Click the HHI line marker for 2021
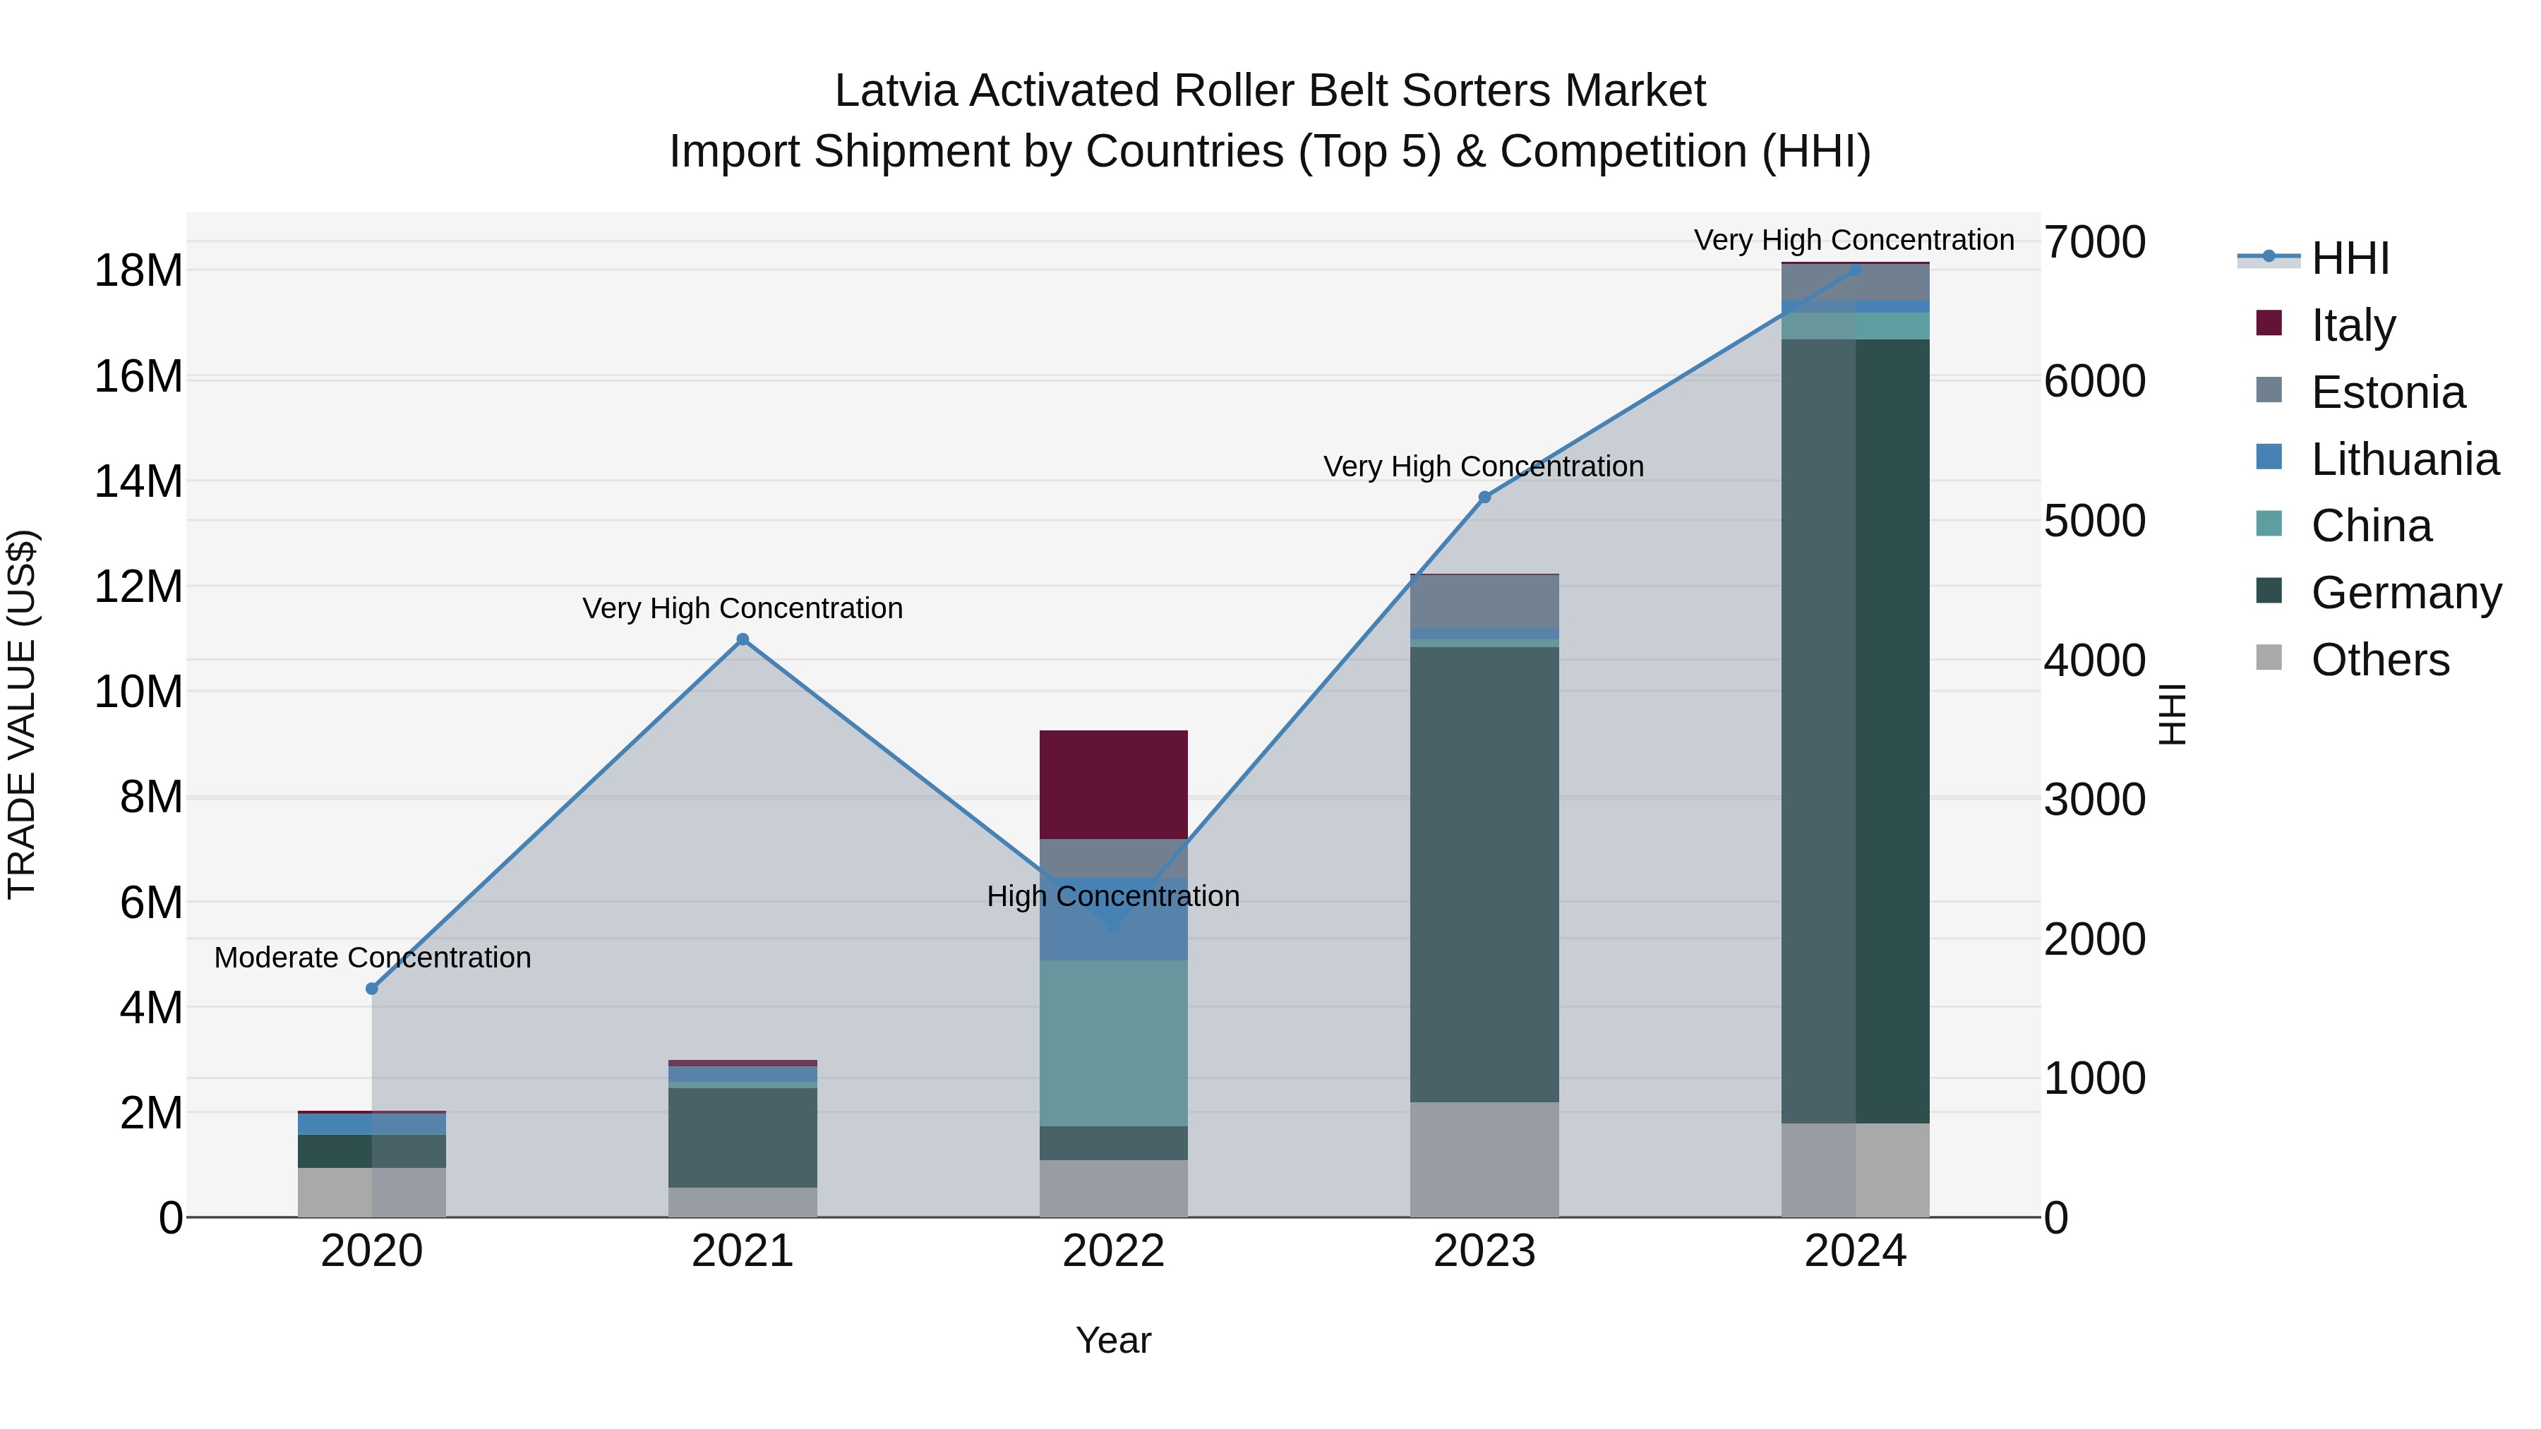[x=743, y=639]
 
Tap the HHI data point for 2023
[x=1484, y=497]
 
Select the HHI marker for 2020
[x=372, y=988]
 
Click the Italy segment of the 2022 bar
[x=1114, y=784]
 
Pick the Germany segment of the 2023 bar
[x=1484, y=874]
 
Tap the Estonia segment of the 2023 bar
[x=1484, y=601]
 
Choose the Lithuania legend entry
[x=2404, y=459]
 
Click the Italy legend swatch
[x=2269, y=323]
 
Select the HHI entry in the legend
[x=2350, y=258]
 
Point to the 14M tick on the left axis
[x=138, y=481]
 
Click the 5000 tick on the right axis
[x=2094, y=521]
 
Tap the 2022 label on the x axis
[x=1114, y=1251]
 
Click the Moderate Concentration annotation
[x=372, y=958]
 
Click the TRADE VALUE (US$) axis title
[x=22, y=714]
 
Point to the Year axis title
[x=1114, y=1340]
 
